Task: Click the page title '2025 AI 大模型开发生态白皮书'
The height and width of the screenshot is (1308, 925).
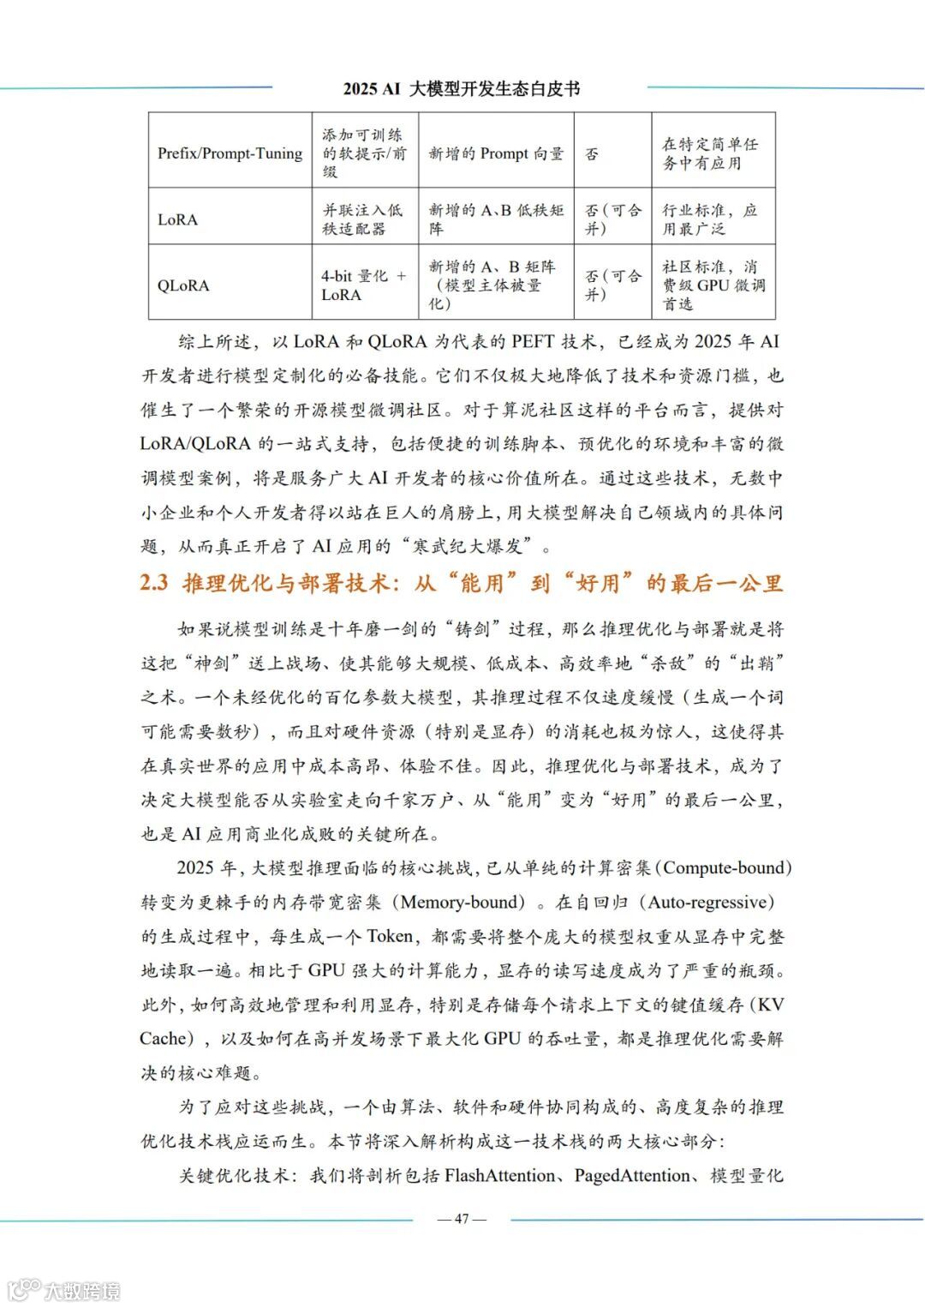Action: click(x=462, y=88)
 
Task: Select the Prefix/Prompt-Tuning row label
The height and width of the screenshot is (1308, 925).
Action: click(x=230, y=153)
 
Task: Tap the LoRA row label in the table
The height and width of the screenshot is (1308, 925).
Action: click(x=177, y=219)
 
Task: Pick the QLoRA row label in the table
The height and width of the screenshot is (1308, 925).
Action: click(x=182, y=285)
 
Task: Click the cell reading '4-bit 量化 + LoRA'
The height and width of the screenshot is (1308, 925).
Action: click(x=363, y=285)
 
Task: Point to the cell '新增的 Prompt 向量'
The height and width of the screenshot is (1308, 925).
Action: click(x=496, y=153)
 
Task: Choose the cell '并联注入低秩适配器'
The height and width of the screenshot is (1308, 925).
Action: click(x=361, y=219)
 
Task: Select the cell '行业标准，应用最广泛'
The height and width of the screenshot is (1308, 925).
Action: click(x=709, y=219)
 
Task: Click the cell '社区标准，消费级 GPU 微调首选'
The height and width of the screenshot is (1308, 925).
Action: click(x=713, y=285)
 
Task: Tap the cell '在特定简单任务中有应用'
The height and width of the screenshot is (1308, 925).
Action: click(x=709, y=153)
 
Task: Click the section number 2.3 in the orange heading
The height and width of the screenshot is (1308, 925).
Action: click(x=154, y=584)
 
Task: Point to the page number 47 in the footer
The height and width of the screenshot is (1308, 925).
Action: click(x=462, y=1218)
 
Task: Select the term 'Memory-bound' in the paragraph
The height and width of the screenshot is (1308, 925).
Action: click(x=462, y=902)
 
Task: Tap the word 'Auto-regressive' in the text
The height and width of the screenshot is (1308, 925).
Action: click(x=710, y=902)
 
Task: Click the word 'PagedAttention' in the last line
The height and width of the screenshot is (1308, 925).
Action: click(x=631, y=1175)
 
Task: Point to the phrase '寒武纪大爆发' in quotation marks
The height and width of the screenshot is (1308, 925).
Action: click(x=472, y=546)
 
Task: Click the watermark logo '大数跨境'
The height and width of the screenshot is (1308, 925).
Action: click(x=64, y=1289)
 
